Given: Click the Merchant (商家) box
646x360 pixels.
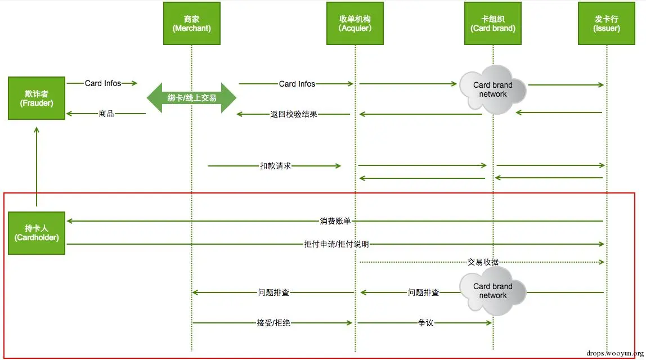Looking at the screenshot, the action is pos(191,24).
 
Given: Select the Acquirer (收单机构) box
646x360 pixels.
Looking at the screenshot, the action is pos(355,24).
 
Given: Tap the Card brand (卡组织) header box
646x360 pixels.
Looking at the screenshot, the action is pos(493,24).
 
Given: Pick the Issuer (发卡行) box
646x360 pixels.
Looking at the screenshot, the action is pos(607,24).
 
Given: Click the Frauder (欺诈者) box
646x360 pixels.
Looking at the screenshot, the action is pos(37,98).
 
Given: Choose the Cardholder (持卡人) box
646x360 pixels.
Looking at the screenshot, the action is pos(37,233).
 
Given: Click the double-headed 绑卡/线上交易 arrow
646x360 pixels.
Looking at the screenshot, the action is pos(191,98).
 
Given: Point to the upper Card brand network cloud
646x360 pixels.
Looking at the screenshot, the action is pos(493,90).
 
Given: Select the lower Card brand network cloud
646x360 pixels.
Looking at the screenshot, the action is pos(493,291).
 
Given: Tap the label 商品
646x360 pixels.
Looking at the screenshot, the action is pos(106,113).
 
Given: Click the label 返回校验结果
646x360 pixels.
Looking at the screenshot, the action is pos(293,114).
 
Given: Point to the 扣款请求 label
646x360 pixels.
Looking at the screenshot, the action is pos(275,165).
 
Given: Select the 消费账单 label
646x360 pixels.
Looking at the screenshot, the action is pos(335,221).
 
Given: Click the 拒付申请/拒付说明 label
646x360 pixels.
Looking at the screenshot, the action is pos(336,244).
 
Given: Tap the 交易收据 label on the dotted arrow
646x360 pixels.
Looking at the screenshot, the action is pos(483,262).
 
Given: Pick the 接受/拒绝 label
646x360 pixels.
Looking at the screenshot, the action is pos(273,322).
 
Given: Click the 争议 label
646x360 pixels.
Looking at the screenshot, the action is pos(425,322).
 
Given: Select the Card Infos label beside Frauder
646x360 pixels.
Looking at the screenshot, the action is pos(102,83).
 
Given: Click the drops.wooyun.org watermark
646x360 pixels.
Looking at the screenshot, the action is pos(614,353).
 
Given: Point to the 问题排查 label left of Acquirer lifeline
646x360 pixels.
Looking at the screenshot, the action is pos(273,292).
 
